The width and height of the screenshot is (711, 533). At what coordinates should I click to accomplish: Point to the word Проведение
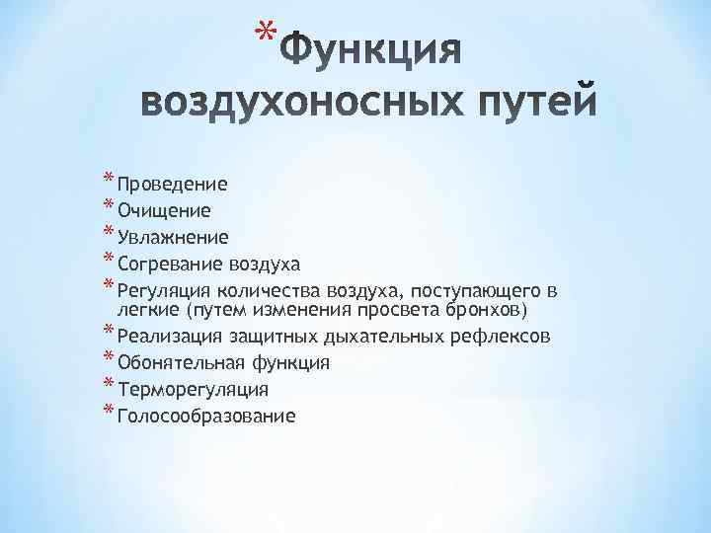[173, 184]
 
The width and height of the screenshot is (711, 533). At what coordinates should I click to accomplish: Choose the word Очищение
[163, 210]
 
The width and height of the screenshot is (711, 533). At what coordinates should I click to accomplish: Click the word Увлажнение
[173, 237]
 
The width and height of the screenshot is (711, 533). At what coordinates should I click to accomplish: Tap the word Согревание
[170, 264]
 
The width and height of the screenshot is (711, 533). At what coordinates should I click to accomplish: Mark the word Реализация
[167, 337]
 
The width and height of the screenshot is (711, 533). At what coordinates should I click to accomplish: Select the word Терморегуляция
[193, 389]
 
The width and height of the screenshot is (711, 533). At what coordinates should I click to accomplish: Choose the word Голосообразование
[205, 416]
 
